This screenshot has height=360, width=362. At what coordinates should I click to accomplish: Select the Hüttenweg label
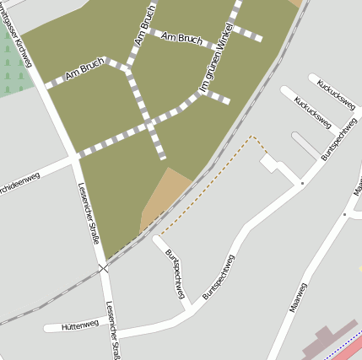click(80, 324)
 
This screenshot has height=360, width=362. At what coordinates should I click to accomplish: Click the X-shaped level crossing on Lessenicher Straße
click(103, 267)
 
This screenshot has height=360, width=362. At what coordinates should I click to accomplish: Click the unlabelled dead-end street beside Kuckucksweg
click(305, 142)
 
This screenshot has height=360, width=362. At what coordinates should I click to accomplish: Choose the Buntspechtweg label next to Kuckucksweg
click(336, 142)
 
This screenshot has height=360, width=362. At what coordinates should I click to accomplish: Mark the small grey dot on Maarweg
click(344, 214)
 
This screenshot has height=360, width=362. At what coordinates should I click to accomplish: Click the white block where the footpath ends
click(270, 163)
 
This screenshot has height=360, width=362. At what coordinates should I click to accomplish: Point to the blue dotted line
click(348, 341)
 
